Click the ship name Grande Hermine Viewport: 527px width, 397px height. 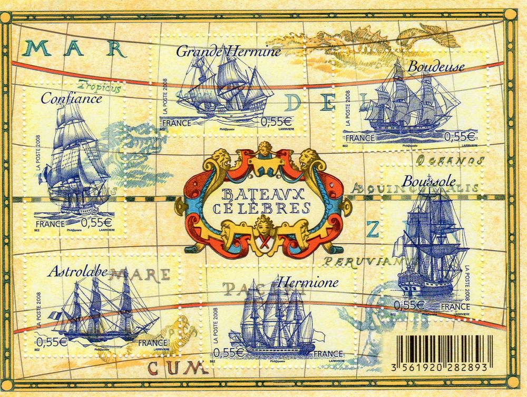tap(228, 51)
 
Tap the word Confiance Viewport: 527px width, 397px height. tap(71, 98)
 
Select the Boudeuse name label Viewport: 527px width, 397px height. tap(436, 67)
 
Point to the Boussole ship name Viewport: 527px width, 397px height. tap(425, 180)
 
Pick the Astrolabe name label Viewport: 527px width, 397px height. tap(77, 272)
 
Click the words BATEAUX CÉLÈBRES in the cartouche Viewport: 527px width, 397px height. tap(262, 201)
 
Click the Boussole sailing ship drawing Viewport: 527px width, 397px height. tap(432, 242)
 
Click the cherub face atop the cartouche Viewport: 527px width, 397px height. tap(263, 149)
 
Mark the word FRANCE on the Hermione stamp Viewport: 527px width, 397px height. tap(328, 353)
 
